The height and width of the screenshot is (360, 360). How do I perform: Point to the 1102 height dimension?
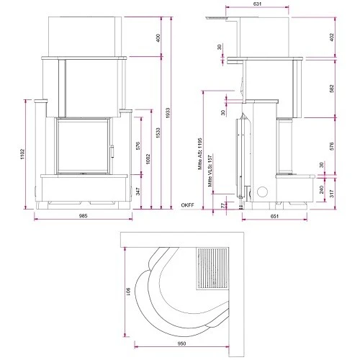pyautogui.click(x=23, y=154)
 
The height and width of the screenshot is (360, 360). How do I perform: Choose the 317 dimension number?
pyautogui.click(x=331, y=194)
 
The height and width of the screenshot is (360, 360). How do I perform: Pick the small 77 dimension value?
pyautogui.click(x=222, y=207)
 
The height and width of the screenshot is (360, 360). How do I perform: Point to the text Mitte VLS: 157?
pyautogui.click(x=210, y=173)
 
